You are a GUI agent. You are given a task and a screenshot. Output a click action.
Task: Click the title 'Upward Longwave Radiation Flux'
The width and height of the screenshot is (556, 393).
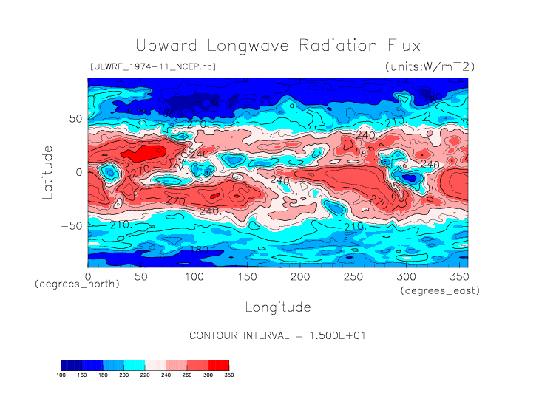pyautogui.click(x=278, y=45)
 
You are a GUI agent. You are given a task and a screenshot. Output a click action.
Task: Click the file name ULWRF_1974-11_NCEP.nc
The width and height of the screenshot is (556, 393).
pyautogui.click(x=152, y=66)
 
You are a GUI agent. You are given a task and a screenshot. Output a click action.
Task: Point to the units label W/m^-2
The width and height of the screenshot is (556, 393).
pyautogui.click(x=430, y=66)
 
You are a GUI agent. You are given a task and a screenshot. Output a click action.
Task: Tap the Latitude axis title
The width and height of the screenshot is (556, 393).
pyautogui.click(x=48, y=171)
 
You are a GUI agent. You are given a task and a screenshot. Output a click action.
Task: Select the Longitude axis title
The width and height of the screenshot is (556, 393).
pyautogui.click(x=278, y=307)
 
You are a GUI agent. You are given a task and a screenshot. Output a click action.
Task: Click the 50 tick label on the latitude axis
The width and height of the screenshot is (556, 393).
pyautogui.click(x=75, y=118)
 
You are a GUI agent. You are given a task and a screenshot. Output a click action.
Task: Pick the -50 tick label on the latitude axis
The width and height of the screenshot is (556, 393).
pyautogui.click(x=71, y=225)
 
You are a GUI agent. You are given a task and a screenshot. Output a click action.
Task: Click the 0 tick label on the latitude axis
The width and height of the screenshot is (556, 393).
pyautogui.click(x=79, y=171)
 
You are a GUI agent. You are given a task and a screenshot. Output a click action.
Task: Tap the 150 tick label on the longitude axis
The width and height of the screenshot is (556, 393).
pyautogui.click(x=247, y=276)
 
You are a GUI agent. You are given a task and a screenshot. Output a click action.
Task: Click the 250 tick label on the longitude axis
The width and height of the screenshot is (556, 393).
pyautogui.click(x=353, y=276)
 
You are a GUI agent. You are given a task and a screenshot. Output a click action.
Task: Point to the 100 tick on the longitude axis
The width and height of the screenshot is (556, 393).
pyautogui.click(x=194, y=276)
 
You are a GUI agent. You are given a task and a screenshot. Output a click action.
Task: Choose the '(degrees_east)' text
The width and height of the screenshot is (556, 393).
pyautogui.click(x=440, y=291)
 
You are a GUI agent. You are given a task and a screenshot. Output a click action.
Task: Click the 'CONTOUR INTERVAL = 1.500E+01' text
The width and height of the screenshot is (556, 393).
pyautogui.click(x=278, y=335)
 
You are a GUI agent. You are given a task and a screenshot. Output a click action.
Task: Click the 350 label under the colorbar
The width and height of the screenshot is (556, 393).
pyautogui.click(x=228, y=375)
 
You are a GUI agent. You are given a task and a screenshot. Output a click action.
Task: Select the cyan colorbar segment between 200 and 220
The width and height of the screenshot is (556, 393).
pyautogui.click(x=134, y=364)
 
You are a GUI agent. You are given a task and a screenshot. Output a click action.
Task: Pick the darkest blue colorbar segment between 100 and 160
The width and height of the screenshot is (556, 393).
pyautogui.click(x=71, y=364)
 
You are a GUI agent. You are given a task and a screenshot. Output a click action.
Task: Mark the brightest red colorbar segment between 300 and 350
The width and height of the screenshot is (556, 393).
pyautogui.click(x=218, y=364)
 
